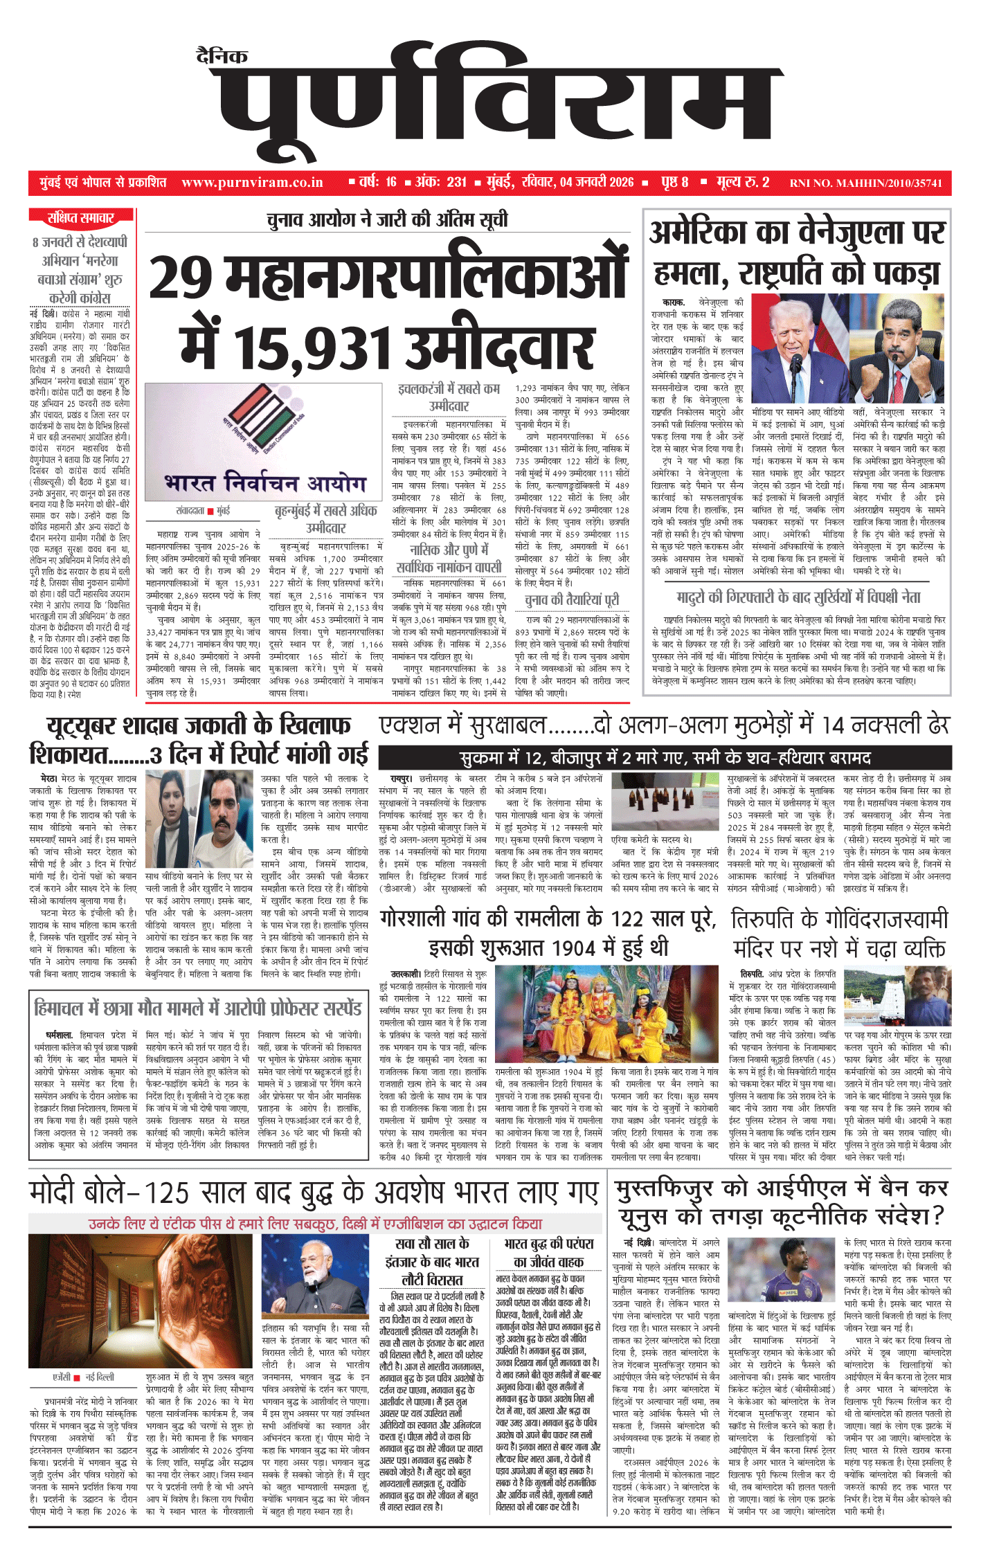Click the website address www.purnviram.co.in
[x=252, y=183]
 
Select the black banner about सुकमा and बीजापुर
[x=664, y=758]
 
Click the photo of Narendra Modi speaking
[x=315, y=1279]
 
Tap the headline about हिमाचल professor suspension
[x=198, y=1008]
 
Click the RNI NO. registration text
[x=865, y=183]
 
